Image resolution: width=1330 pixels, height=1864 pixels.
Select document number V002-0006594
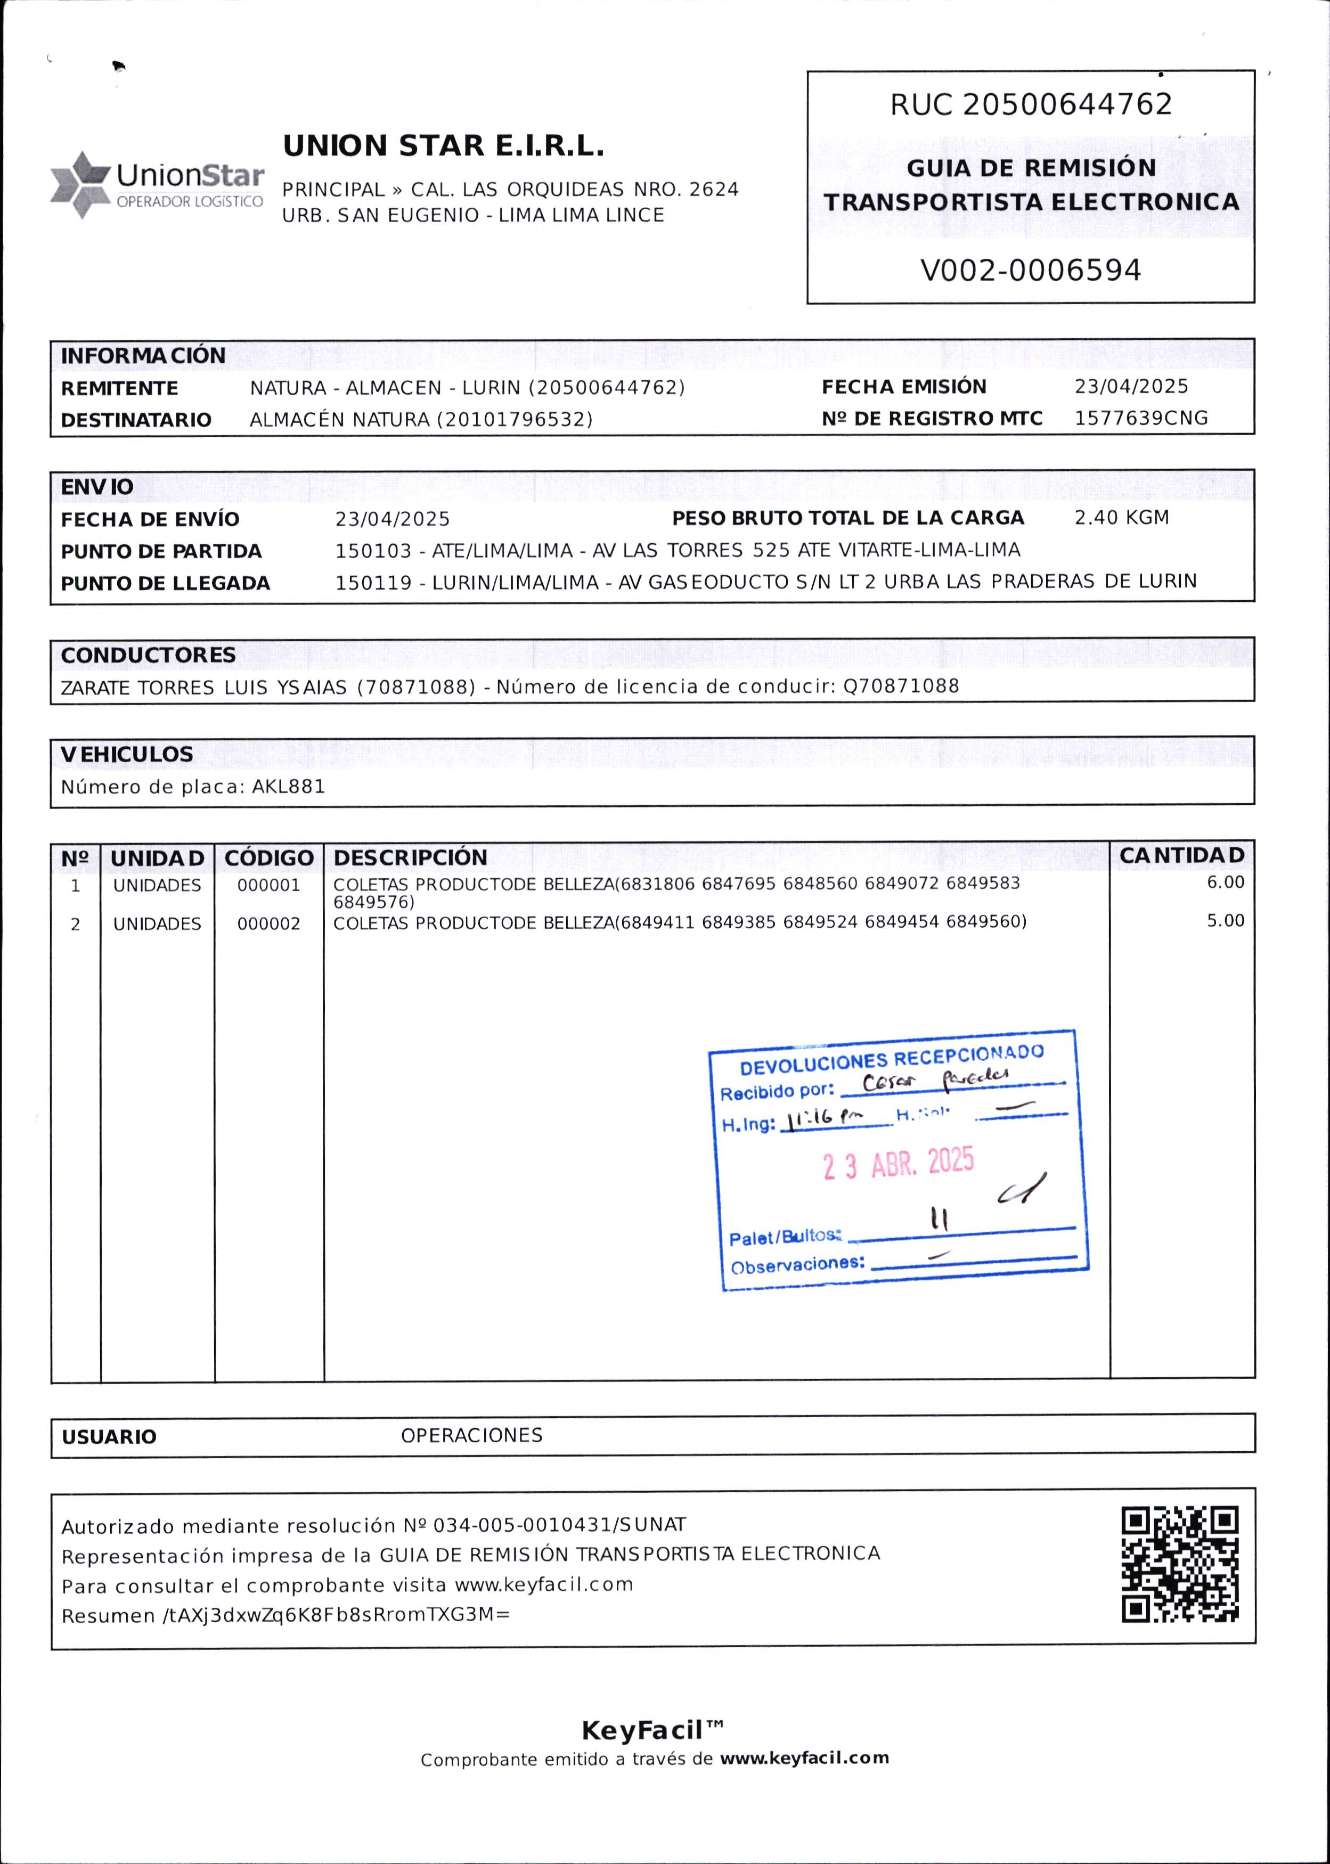(1030, 270)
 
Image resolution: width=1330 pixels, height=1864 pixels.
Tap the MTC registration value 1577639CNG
(1141, 418)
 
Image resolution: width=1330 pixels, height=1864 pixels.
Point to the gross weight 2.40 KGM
(1121, 517)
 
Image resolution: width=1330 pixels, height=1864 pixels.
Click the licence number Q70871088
(901, 686)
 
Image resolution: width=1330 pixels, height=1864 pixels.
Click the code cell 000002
(268, 924)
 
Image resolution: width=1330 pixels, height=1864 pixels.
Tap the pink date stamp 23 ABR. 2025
(899, 1163)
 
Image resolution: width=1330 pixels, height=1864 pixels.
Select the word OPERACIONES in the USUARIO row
(472, 1435)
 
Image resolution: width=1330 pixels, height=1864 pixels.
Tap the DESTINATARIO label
(136, 420)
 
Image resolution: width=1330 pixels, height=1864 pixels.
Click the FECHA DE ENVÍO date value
(392, 519)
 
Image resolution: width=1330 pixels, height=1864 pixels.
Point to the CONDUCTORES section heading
(148, 655)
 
